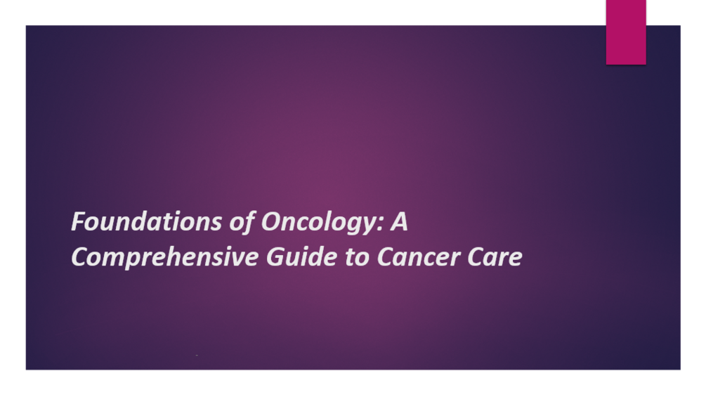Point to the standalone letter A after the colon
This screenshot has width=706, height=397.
(400, 222)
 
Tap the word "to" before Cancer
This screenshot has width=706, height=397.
(356, 258)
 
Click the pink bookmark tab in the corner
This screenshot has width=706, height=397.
(626, 32)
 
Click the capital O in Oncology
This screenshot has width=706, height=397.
(271, 222)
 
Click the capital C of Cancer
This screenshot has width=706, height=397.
(386, 257)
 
